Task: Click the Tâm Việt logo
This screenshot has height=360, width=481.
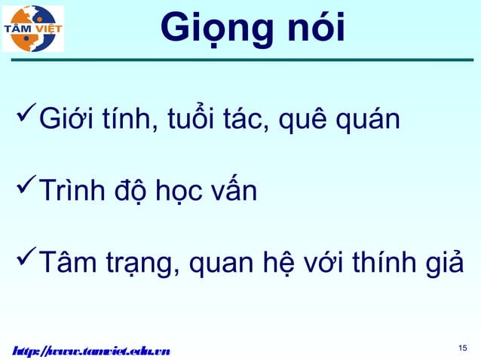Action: pos(34,29)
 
